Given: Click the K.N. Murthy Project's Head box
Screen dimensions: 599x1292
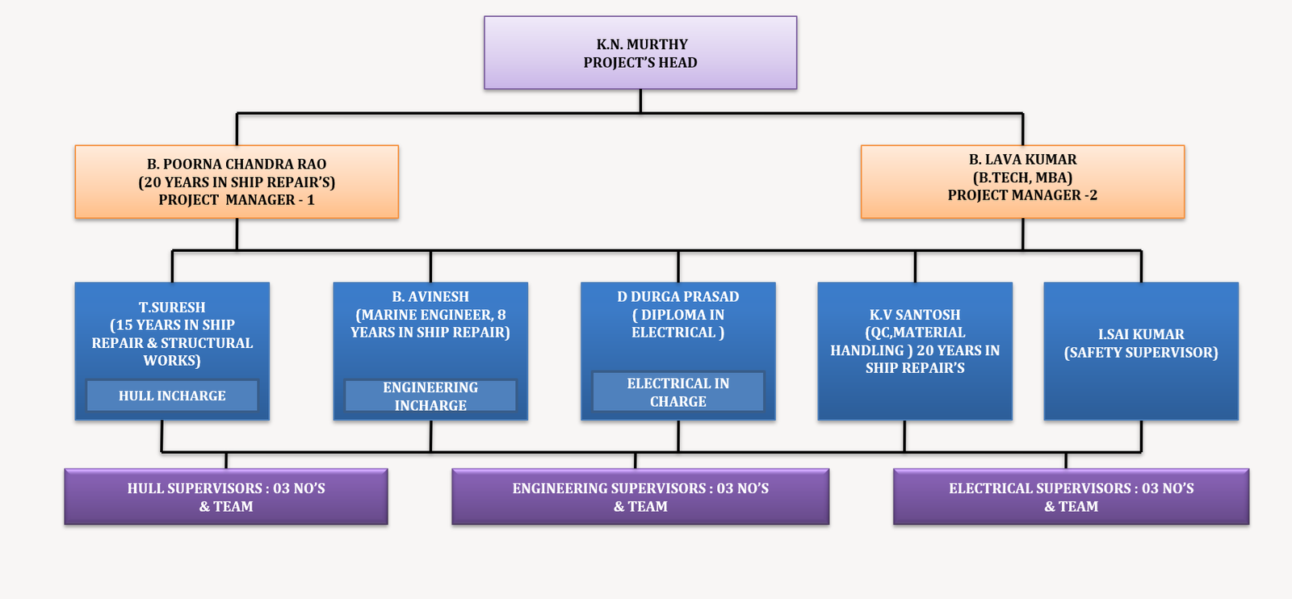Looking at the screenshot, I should click(640, 52).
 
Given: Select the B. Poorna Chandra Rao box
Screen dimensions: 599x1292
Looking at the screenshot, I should click(237, 182).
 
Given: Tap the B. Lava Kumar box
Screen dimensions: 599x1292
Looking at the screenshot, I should click(1022, 182).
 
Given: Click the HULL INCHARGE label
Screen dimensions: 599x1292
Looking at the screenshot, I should click(172, 396).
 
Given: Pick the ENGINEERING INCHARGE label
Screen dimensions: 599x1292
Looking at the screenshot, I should click(430, 396).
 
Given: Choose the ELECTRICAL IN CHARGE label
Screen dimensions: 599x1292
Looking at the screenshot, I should click(678, 392).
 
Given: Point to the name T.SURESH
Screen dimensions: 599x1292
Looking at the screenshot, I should click(172, 308).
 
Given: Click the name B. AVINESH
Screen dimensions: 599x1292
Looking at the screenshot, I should click(430, 297).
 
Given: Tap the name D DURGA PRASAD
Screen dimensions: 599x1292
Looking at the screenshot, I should click(678, 297).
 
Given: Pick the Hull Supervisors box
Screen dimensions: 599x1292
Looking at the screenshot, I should click(226, 497).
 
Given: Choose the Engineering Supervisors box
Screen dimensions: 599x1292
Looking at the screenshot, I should click(640, 497).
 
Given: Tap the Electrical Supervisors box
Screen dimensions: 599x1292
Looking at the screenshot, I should click(1071, 497).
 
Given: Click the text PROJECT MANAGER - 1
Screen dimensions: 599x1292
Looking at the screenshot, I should click(237, 200).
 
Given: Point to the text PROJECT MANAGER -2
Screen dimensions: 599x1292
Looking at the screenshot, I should click(1022, 195).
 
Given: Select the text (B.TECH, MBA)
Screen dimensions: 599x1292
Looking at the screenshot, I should click(1022, 178).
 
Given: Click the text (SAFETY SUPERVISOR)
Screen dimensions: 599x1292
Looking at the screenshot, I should click(1141, 353).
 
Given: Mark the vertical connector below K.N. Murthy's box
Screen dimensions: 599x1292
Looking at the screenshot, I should click(640, 101).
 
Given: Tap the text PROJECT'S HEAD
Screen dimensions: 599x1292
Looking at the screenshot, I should click(640, 63).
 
